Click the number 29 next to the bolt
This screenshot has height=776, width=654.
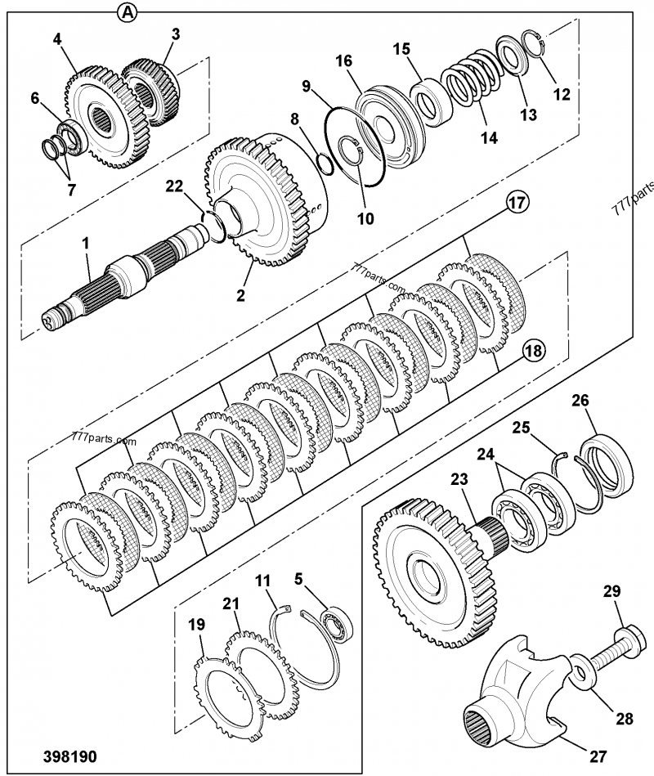[612, 591]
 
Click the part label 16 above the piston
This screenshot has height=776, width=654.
[343, 61]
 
